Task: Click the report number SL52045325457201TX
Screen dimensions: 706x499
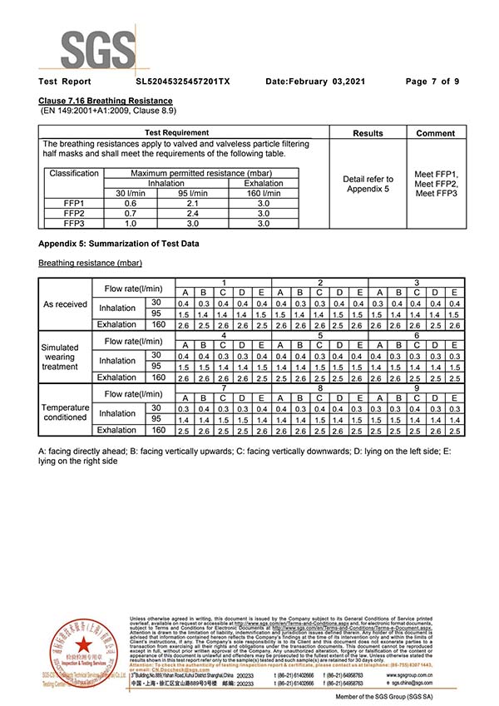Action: [183, 81]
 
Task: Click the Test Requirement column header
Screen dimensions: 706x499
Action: [176, 133]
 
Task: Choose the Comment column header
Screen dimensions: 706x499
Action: [436, 133]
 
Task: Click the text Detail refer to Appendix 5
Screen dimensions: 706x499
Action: [368, 184]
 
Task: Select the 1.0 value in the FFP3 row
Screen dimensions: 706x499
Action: [131, 223]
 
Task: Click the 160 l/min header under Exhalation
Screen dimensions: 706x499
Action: [263, 193]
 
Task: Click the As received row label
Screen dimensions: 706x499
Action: [66, 304]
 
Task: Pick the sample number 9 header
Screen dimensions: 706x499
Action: [417, 388]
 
